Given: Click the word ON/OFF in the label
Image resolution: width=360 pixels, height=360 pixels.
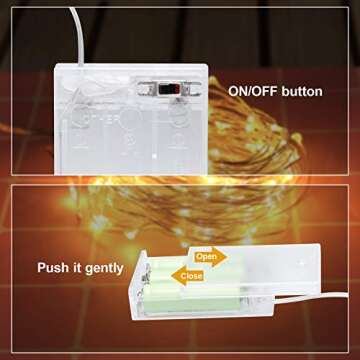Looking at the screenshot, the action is tap(253, 91).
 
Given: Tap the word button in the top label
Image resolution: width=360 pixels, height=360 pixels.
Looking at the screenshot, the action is tap(302, 91).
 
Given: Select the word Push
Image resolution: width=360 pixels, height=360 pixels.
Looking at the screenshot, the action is tap(52, 267).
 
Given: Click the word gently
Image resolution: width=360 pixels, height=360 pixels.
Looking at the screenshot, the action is tap(104, 269).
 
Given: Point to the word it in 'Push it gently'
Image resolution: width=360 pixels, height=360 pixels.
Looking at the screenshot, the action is tap(76, 267).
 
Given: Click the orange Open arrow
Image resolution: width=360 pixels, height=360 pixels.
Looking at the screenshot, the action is tap(208, 257).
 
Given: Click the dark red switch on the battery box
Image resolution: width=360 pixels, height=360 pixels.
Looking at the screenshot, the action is tap(169, 89).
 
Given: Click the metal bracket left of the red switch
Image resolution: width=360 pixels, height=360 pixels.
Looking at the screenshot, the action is tap(147, 88).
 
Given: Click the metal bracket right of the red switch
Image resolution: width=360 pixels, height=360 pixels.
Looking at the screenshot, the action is tap(191, 88).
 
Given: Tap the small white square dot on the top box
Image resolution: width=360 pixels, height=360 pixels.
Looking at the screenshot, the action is tap(154, 155).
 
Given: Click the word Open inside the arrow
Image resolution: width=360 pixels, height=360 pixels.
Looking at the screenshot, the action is tap(206, 257).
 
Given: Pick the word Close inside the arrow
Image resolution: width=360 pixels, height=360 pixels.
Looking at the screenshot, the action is tap(191, 276).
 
